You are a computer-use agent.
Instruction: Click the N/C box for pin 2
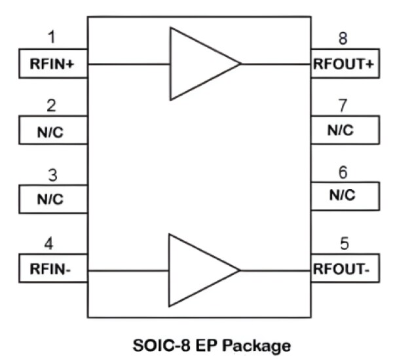coord(53,130)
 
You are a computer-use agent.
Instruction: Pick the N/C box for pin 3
coord(53,199)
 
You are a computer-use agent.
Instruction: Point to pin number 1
coord(52,35)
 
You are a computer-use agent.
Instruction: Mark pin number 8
coord(343,38)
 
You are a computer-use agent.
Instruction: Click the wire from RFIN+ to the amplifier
coord(128,64)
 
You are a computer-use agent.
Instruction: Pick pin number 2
coord(52,103)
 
